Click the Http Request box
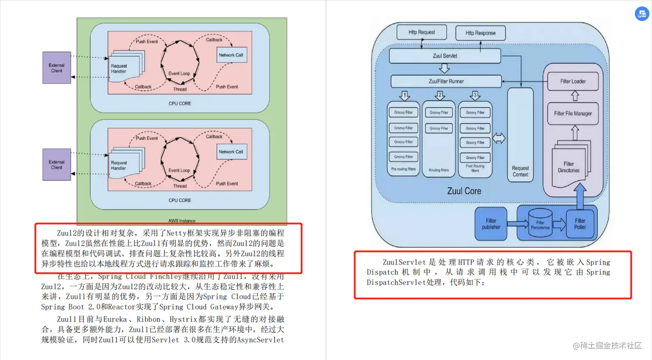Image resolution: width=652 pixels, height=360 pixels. (421, 32)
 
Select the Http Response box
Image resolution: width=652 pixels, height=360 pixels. (480, 33)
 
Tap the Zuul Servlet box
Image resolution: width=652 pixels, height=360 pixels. (445, 56)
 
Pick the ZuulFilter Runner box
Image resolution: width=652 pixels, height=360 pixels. (446, 81)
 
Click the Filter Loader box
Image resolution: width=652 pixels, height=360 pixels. (573, 81)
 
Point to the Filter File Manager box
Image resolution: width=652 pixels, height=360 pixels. (573, 113)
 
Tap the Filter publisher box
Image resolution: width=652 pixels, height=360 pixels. (491, 224)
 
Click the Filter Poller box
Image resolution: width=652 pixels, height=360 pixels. (580, 224)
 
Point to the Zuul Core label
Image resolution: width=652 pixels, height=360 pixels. (464, 191)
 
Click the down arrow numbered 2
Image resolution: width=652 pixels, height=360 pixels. (440, 95)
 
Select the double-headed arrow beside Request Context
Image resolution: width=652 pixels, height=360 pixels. (499, 138)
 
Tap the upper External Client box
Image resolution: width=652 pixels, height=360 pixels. (56, 68)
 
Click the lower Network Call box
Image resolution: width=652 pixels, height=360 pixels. (231, 152)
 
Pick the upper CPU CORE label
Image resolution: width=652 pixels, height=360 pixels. (179, 103)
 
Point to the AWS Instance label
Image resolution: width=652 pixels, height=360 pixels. (182, 221)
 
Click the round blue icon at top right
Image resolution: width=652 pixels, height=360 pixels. (642, 14)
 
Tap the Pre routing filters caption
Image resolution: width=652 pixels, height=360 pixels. (403, 169)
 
